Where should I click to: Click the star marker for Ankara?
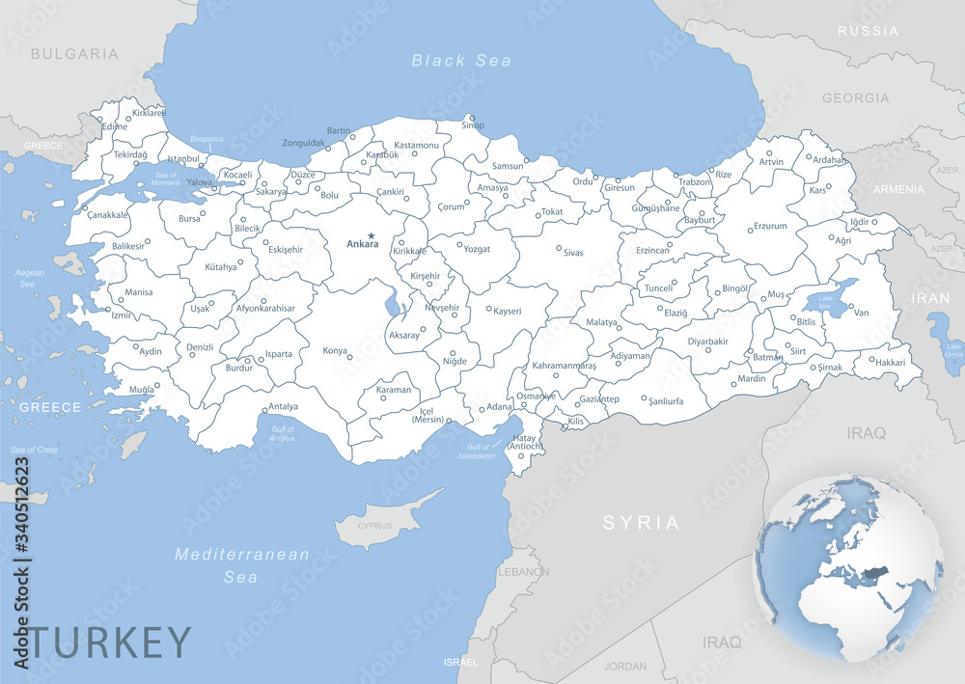pyautogui.click(x=371, y=234)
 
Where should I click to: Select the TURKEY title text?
pyautogui.click(x=110, y=642)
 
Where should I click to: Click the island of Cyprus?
pyautogui.click(x=377, y=527)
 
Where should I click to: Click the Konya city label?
pyautogui.click(x=335, y=350)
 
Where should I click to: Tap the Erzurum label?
pyautogui.click(x=769, y=226)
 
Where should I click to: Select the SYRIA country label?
pyautogui.click(x=641, y=522)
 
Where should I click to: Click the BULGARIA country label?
pyautogui.click(x=74, y=54)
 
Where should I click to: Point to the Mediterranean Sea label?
pyautogui.click(x=241, y=565)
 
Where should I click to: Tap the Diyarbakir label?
pyautogui.click(x=707, y=341)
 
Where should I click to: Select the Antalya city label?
pyautogui.click(x=283, y=406)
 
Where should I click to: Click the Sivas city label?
pyautogui.click(x=573, y=252)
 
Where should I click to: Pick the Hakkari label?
pyautogui.click(x=890, y=363)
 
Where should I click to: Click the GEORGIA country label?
pyautogui.click(x=855, y=97)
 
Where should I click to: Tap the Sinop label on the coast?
pyautogui.click(x=473, y=125)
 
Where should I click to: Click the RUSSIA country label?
pyautogui.click(x=868, y=31)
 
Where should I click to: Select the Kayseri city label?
pyautogui.click(x=507, y=311)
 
